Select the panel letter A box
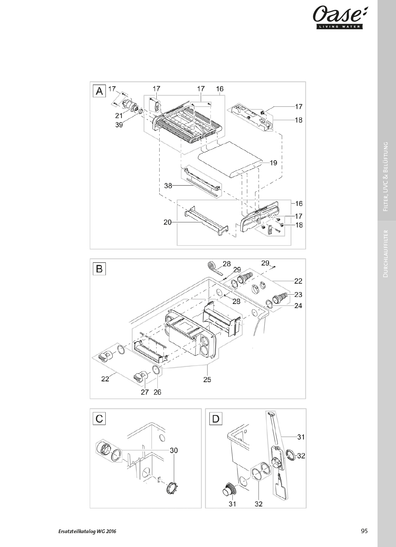pyautogui.click(x=99, y=91)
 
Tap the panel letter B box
pyautogui.click(x=99, y=269)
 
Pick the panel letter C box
pyautogui.click(x=99, y=419)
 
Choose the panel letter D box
pyautogui.click(x=216, y=419)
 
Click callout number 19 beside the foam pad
pyautogui.click(x=273, y=163)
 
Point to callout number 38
pyautogui.click(x=168, y=186)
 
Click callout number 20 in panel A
pyautogui.click(x=168, y=222)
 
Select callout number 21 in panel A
pyautogui.click(x=119, y=116)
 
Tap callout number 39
pyautogui.click(x=119, y=125)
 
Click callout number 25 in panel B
pyautogui.click(x=207, y=380)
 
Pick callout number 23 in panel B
pyautogui.click(x=298, y=295)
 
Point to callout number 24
pyautogui.click(x=298, y=305)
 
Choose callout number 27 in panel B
pyautogui.click(x=145, y=392)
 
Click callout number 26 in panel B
pyautogui.click(x=157, y=392)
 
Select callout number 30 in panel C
pyautogui.click(x=173, y=450)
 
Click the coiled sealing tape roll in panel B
pyautogui.click(x=213, y=267)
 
